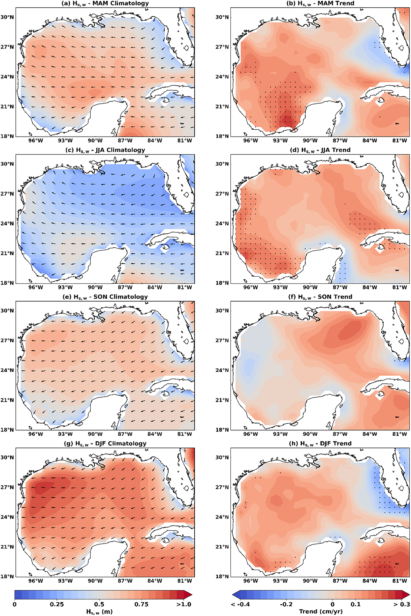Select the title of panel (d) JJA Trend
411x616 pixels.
[320, 150]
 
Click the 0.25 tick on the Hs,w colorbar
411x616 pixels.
[57, 604]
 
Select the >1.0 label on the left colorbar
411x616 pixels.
[183, 604]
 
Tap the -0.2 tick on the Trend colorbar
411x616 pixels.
[286, 604]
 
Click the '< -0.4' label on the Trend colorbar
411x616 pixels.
[241, 604]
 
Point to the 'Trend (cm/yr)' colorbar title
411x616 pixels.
[321, 611]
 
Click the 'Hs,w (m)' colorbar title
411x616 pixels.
[99, 611]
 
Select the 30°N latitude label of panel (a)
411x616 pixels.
[7, 17]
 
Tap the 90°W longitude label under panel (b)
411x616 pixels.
[310, 141]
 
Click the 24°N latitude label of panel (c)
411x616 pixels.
[7, 223]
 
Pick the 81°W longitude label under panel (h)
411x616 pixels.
[399, 581]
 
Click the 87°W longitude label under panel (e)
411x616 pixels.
[125, 434]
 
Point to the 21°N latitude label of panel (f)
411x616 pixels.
[222, 400]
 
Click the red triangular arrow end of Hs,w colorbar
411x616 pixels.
[188, 595]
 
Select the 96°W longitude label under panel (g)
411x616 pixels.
[35, 581]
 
